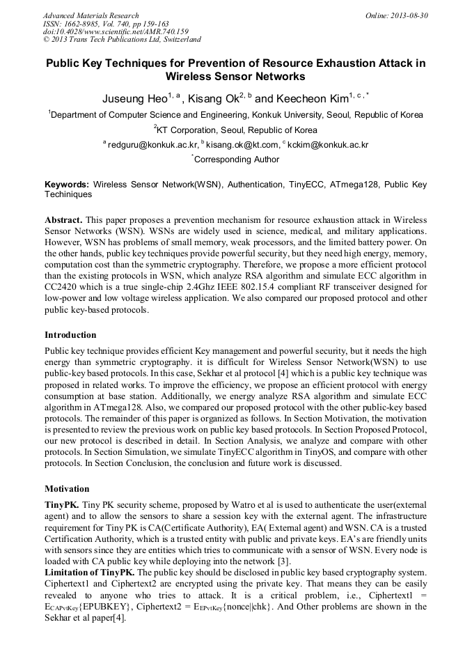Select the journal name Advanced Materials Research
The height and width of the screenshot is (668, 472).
[91, 15]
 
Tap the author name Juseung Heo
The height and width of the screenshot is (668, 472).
[136, 98]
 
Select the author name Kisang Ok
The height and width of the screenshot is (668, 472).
[212, 98]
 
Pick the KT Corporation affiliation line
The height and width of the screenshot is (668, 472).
[235, 130]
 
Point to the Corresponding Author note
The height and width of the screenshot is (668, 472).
[236, 160]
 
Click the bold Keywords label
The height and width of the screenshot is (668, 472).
[67, 185]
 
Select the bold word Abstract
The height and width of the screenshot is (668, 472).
[63, 219]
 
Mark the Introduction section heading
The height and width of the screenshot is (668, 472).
[70, 335]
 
